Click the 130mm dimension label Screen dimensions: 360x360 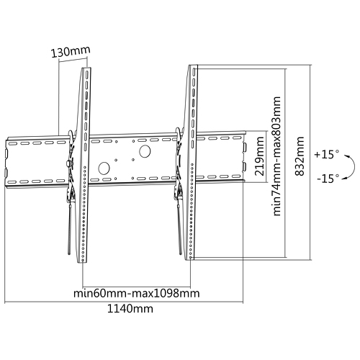71,51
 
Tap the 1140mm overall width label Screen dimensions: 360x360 130,308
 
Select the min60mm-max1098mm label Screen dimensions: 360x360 136,293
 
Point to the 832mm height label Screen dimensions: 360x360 300,156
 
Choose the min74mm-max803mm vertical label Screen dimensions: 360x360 276,156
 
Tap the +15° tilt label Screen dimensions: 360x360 327,154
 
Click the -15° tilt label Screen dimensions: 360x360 328,179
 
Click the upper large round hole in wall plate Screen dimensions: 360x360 145,151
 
